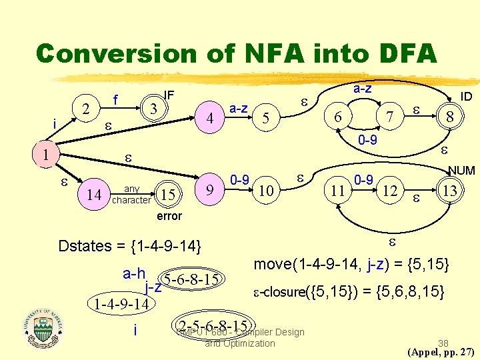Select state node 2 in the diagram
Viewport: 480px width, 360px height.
(85, 109)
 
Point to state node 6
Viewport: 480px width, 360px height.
(338, 116)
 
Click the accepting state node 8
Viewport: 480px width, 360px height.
(450, 116)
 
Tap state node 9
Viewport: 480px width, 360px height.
(210, 190)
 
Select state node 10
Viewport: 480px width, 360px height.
(265, 191)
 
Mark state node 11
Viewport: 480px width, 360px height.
(338, 191)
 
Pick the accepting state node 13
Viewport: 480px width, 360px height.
(450, 191)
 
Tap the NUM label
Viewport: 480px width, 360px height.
(461, 171)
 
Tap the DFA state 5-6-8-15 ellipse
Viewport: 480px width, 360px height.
(191, 278)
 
